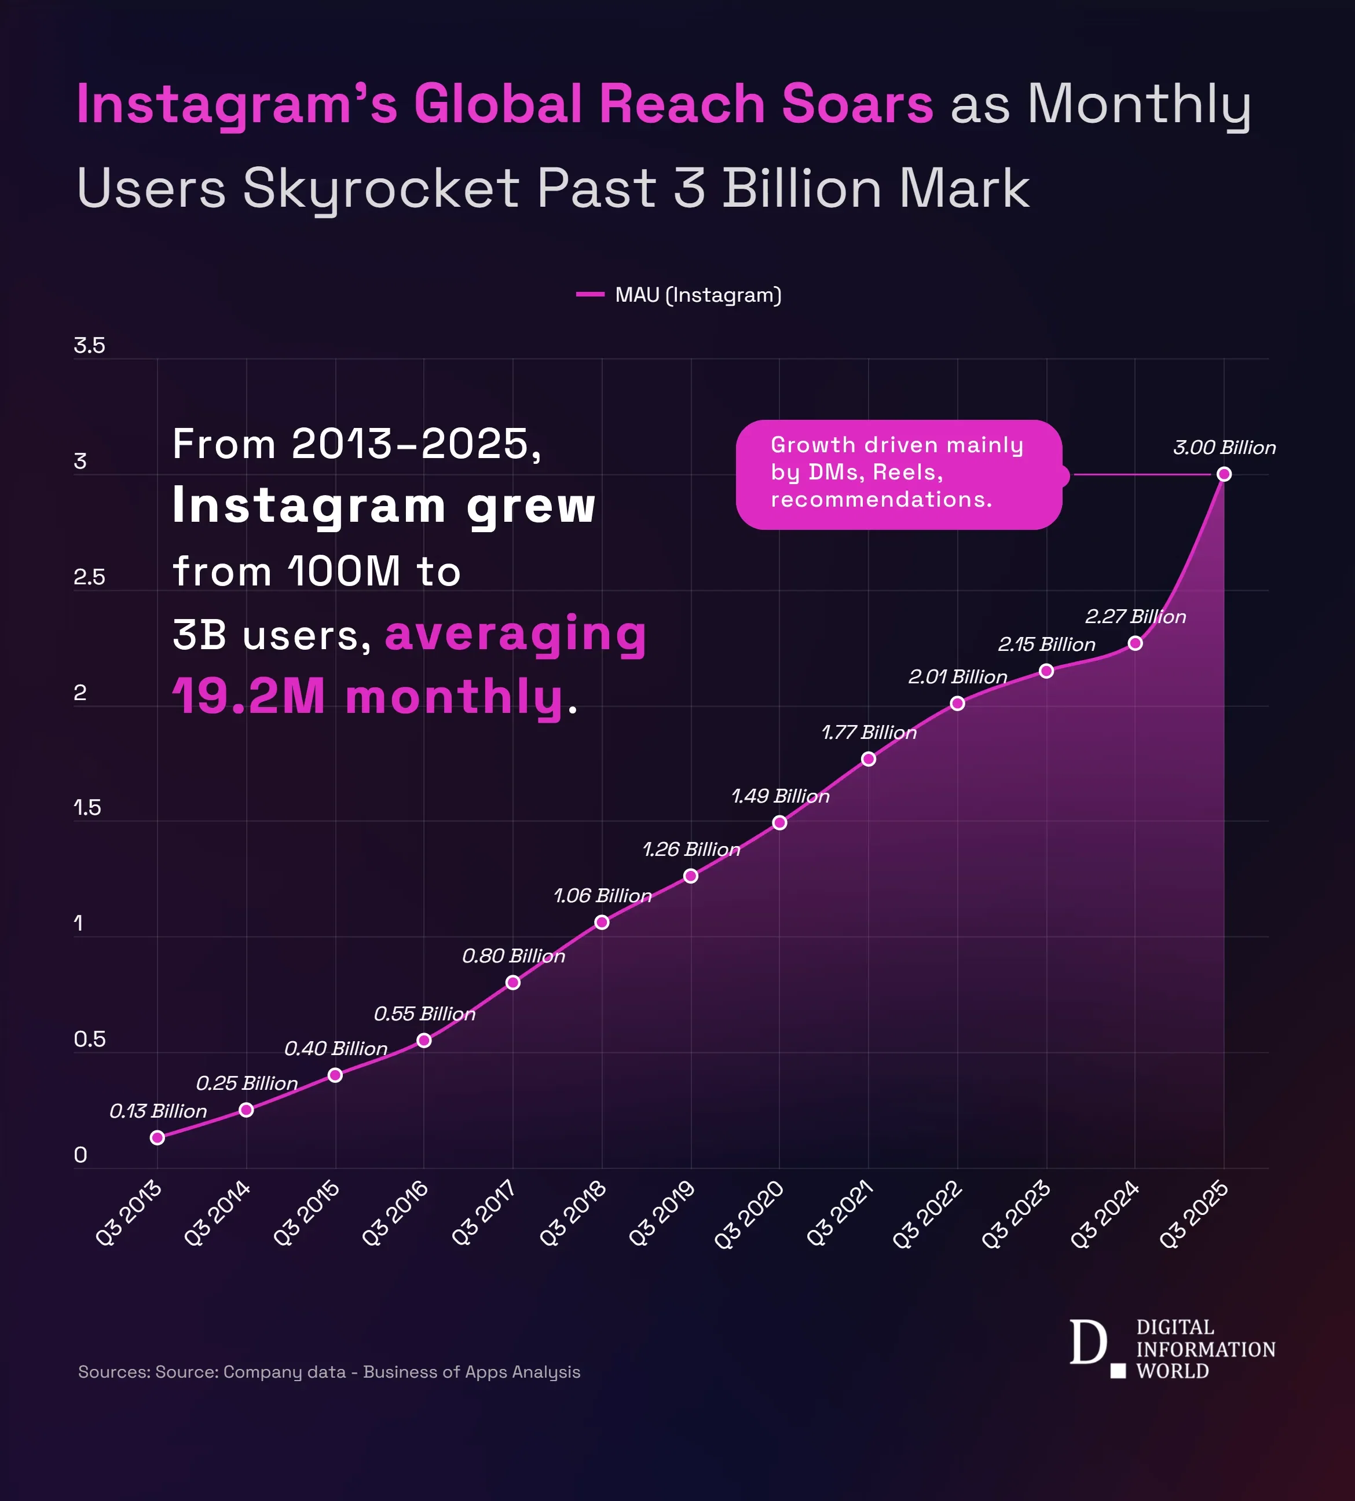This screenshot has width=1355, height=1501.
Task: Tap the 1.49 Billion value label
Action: click(x=780, y=796)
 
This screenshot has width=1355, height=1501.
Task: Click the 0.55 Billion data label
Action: click(x=424, y=1013)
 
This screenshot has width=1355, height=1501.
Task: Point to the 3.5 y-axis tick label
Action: click(x=89, y=346)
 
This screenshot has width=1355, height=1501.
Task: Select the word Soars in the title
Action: click(x=857, y=104)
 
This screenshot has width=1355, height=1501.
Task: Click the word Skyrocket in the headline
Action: click(x=380, y=188)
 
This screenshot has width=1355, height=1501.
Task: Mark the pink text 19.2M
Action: click(x=248, y=696)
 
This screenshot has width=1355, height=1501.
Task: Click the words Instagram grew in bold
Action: click(x=383, y=506)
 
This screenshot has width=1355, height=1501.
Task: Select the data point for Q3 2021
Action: click(x=868, y=759)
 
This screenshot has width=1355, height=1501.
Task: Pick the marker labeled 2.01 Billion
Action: click(x=957, y=703)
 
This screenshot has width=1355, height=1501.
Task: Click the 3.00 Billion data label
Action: click(x=1224, y=448)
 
